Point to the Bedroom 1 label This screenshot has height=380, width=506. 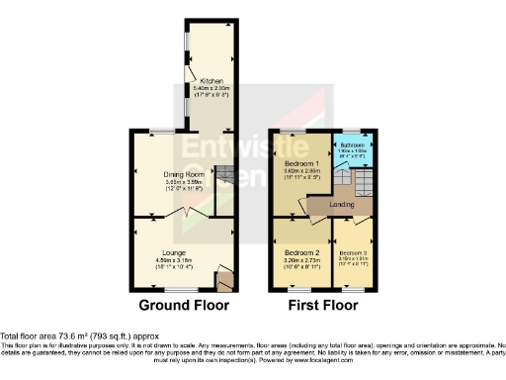point(300,163)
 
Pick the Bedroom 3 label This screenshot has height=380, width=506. point(352,253)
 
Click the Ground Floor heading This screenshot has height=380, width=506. point(184,305)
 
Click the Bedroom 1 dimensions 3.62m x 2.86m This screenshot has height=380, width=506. point(300,172)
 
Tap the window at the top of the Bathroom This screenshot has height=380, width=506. point(350,132)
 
